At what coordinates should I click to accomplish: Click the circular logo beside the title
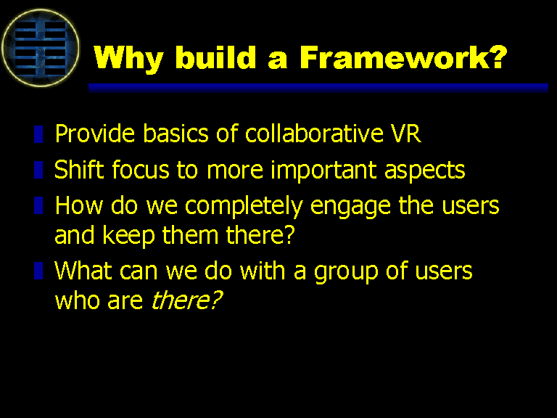[x=41, y=48]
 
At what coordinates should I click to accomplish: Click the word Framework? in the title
[x=403, y=57]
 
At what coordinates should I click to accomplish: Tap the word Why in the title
[x=128, y=59]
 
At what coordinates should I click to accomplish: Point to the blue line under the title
[x=318, y=88]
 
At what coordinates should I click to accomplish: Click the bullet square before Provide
[x=38, y=134]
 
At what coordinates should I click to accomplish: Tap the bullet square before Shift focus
[x=38, y=170]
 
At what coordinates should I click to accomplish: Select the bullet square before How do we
[x=38, y=205]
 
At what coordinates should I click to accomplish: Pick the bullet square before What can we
[x=38, y=271]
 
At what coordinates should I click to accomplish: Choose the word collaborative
[x=314, y=134]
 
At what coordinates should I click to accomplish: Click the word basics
[x=175, y=134]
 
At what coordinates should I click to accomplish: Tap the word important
[x=323, y=171]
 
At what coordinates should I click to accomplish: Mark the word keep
[x=128, y=236]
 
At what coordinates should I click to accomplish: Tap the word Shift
[x=79, y=169]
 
